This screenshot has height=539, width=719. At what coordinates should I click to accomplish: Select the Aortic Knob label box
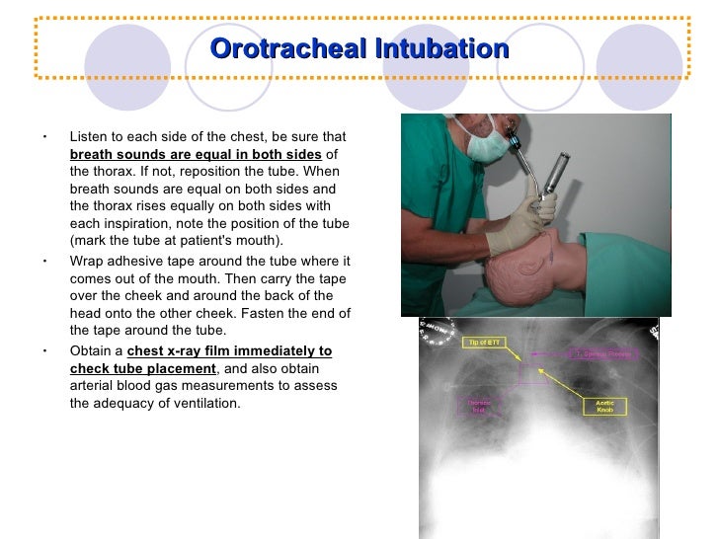point(604,406)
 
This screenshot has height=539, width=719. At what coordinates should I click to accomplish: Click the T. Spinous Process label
point(604,354)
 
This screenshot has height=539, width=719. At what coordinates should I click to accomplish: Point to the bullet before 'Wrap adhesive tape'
point(44,262)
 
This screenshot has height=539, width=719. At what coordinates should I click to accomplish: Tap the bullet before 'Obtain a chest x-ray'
point(44,350)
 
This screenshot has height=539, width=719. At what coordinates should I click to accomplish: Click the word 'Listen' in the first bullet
point(88,137)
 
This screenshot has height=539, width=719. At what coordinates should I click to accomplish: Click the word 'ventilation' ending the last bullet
point(204,404)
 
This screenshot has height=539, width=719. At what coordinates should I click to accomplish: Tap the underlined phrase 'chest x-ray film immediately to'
point(229,350)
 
